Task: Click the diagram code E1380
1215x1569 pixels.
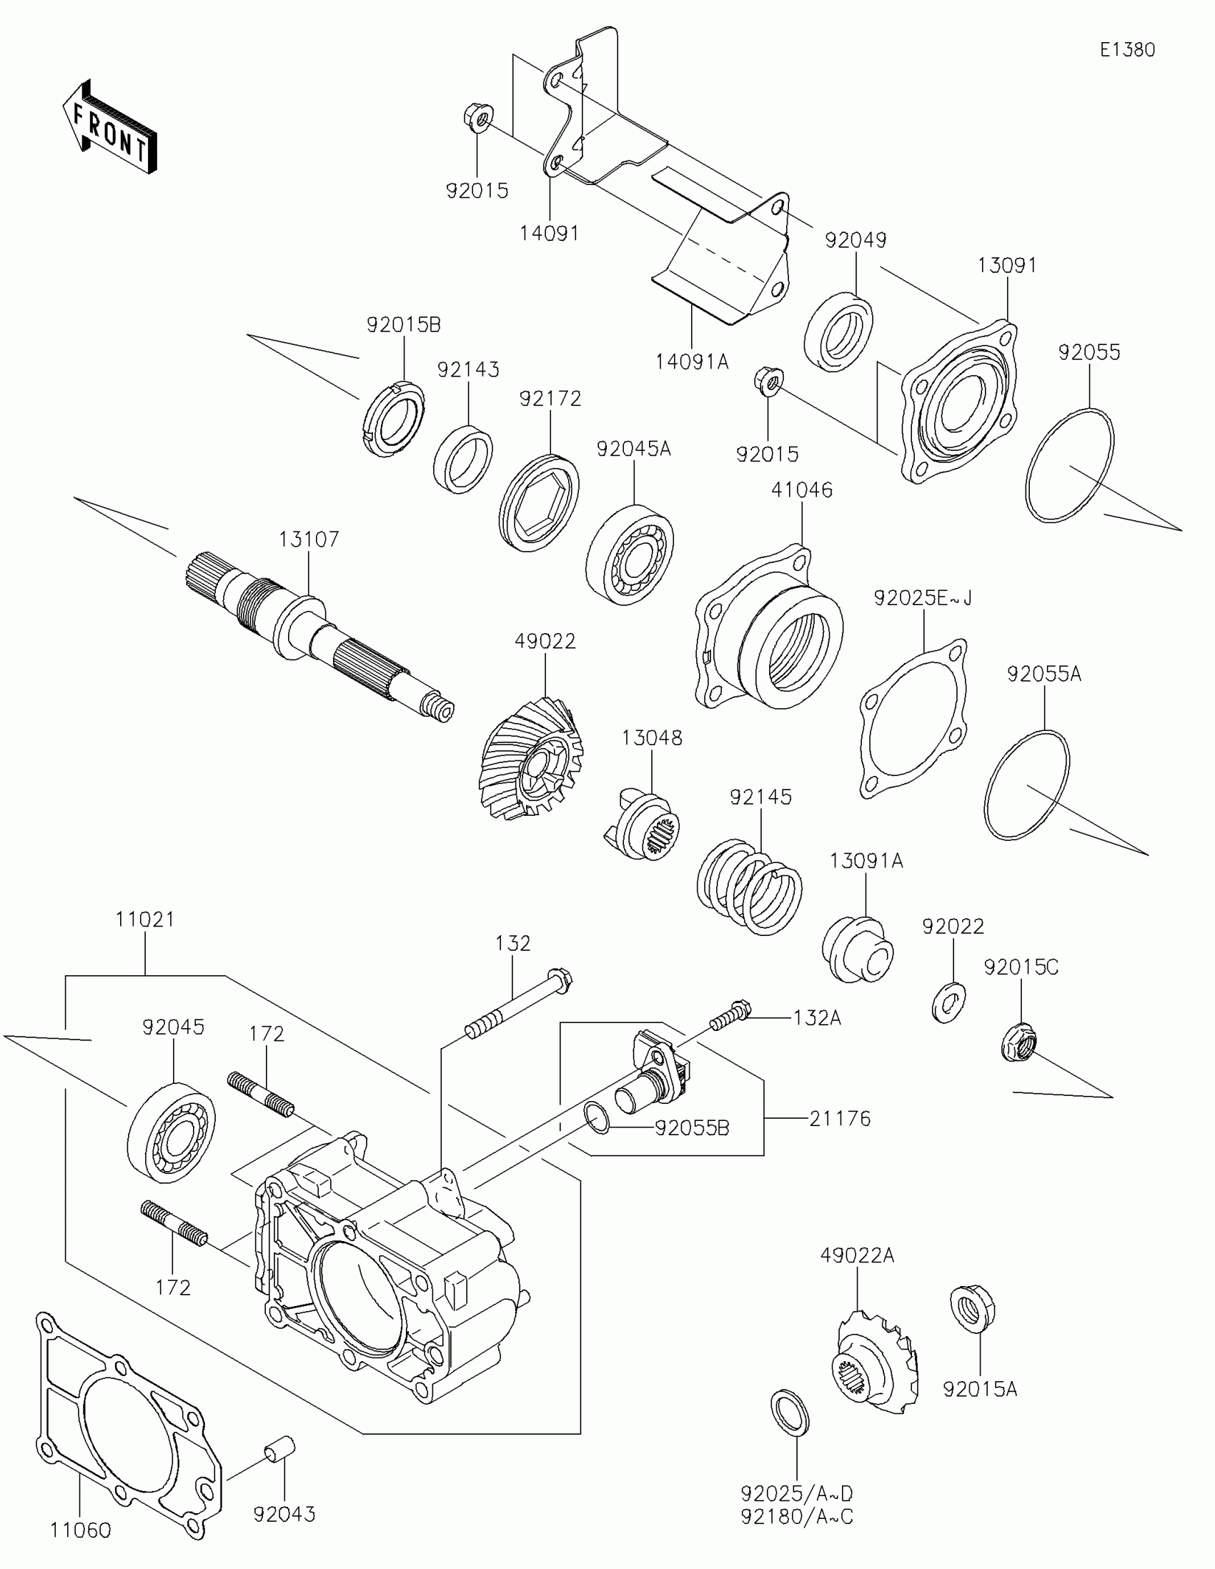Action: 1127,49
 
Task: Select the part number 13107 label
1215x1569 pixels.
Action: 308,539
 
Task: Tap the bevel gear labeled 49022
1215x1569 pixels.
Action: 532,762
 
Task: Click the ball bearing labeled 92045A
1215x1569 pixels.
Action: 630,555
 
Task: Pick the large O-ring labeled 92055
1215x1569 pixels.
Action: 1069,465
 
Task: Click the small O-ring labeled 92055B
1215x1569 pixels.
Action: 597,1120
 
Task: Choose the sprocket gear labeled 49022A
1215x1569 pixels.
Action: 877,1362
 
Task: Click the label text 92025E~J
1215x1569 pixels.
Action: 923,598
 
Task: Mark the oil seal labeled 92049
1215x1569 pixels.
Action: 838,332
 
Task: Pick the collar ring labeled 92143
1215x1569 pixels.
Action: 463,459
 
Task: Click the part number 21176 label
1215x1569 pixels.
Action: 839,1119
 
